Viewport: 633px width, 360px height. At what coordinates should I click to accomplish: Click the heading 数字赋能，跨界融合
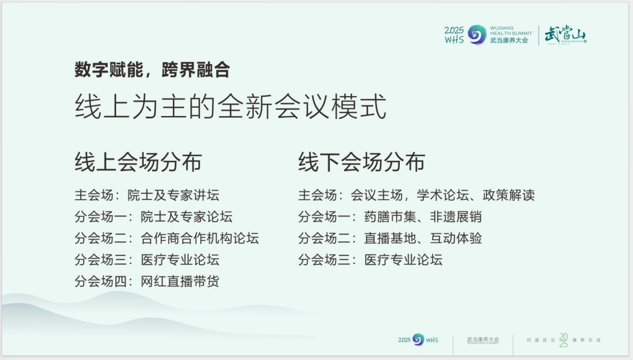click(152, 70)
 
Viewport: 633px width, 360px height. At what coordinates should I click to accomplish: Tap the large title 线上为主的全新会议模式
click(230, 107)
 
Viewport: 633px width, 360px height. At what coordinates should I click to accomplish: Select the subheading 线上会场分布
click(138, 162)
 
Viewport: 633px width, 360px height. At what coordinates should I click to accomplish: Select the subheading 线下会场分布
click(362, 162)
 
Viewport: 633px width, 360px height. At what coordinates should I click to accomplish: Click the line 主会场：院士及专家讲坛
click(147, 195)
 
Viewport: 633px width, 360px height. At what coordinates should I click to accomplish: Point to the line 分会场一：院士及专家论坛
click(154, 217)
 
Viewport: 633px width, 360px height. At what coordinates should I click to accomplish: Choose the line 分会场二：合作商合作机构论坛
click(166, 238)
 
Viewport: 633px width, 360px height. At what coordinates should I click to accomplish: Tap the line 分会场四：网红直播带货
click(147, 281)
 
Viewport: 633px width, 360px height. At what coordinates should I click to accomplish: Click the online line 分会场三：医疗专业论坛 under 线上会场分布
click(147, 260)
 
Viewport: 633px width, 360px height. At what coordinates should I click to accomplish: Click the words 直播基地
click(390, 238)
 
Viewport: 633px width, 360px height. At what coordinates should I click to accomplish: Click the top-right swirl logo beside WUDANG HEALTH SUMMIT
click(477, 34)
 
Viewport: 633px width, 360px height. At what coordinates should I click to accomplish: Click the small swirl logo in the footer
click(418, 339)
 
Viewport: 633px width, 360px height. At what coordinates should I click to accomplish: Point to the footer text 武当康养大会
click(483, 339)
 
